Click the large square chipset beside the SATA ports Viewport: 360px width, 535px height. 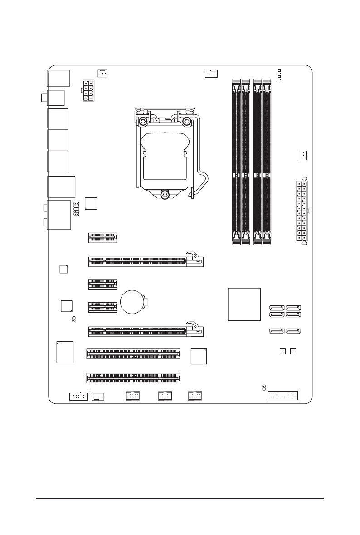(x=244, y=304)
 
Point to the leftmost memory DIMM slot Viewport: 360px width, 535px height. (x=236, y=162)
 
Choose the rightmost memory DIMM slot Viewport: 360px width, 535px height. (x=268, y=162)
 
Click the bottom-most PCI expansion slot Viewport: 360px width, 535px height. (x=132, y=377)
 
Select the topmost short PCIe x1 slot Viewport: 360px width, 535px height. (x=102, y=237)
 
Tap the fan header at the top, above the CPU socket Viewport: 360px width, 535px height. (x=211, y=73)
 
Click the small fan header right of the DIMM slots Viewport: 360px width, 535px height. (x=302, y=156)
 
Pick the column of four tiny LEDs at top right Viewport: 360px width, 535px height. (x=279, y=75)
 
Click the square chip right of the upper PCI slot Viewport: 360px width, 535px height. (x=199, y=356)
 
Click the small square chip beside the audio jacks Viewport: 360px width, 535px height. (x=91, y=203)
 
